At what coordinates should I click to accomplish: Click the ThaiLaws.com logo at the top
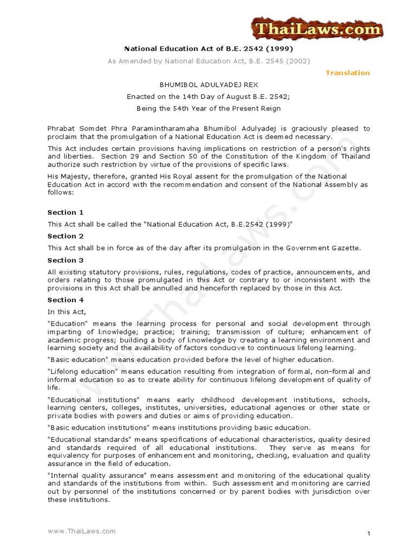click(x=316, y=29)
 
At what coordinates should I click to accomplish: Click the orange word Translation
click(x=347, y=72)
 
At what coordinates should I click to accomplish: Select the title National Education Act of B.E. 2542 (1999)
click(x=209, y=49)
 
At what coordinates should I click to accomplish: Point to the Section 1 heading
click(x=66, y=212)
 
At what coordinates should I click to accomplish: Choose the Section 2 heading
click(x=66, y=236)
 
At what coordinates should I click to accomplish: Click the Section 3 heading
click(x=66, y=260)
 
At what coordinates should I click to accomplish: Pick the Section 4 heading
click(x=66, y=300)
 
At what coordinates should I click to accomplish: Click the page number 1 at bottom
click(x=368, y=534)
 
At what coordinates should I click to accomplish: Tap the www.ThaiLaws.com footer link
click(x=81, y=531)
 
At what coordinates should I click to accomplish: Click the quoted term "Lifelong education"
click(x=81, y=372)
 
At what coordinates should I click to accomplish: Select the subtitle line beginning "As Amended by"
click(x=209, y=61)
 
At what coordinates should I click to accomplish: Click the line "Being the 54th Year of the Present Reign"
click(x=209, y=109)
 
